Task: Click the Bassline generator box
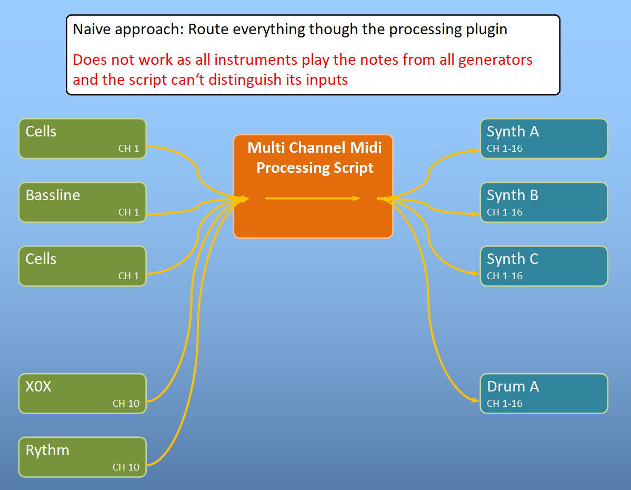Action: click(x=83, y=202)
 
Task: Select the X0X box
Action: click(x=83, y=394)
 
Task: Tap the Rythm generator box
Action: click(x=83, y=457)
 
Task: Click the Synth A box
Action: click(x=544, y=139)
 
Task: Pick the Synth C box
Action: click(x=544, y=266)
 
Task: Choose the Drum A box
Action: click(x=544, y=394)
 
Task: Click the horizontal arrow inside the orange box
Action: click(x=313, y=198)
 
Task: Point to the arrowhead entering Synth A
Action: click(x=476, y=151)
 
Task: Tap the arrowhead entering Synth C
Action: click(x=476, y=273)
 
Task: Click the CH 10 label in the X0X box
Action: click(x=126, y=404)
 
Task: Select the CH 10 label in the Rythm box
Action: click(x=126, y=467)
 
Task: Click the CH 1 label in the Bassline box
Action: click(x=129, y=212)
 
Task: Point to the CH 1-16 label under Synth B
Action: click(x=505, y=212)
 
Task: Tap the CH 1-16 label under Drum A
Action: click(x=505, y=404)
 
